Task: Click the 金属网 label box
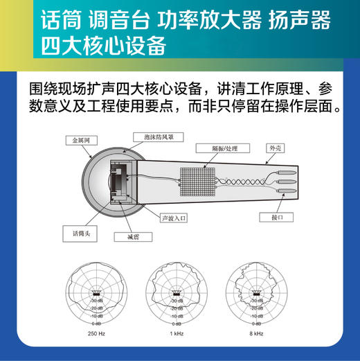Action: tap(81, 141)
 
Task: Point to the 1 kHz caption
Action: tap(177, 334)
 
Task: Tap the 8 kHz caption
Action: tap(255, 334)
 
